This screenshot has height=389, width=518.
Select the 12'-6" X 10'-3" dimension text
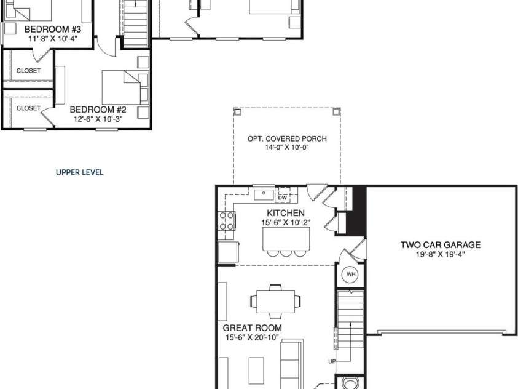98,119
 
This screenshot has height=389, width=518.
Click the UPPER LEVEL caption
80,172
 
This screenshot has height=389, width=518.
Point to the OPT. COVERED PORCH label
287,138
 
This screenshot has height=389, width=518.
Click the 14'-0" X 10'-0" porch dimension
287,148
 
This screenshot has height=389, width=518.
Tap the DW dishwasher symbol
283,197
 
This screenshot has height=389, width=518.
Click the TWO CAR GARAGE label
441,244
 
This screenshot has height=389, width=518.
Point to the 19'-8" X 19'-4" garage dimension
441,254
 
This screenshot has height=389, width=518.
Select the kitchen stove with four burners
226,220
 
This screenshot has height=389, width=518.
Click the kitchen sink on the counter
264,194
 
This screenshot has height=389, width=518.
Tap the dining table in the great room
276,302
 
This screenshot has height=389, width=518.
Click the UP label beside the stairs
332,361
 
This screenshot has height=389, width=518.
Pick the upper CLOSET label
28,71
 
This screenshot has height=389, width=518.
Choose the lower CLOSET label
28,108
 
